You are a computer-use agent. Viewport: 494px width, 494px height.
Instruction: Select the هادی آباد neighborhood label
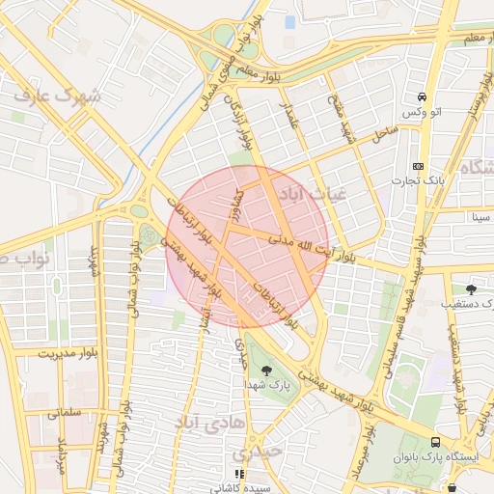pyautogui.click(x=210, y=423)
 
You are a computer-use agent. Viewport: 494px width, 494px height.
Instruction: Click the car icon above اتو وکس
pyautogui.click(x=423, y=97)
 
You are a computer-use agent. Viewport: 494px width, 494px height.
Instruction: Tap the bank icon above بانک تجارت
pyautogui.click(x=417, y=165)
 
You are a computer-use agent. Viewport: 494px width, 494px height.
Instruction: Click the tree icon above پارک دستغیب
pyautogui.click(x=471, y=288)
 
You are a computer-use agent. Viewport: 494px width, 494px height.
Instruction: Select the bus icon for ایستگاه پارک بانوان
pyautogui.click(x=436, y=439)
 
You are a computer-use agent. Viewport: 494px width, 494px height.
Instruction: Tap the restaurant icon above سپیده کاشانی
pyautogui.click(x=239, y=474)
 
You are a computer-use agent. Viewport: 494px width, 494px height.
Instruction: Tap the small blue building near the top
pyautogui.click(x=290, y=21)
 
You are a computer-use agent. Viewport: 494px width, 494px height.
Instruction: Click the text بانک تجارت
pyautogui.click(x=417, y=180)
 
